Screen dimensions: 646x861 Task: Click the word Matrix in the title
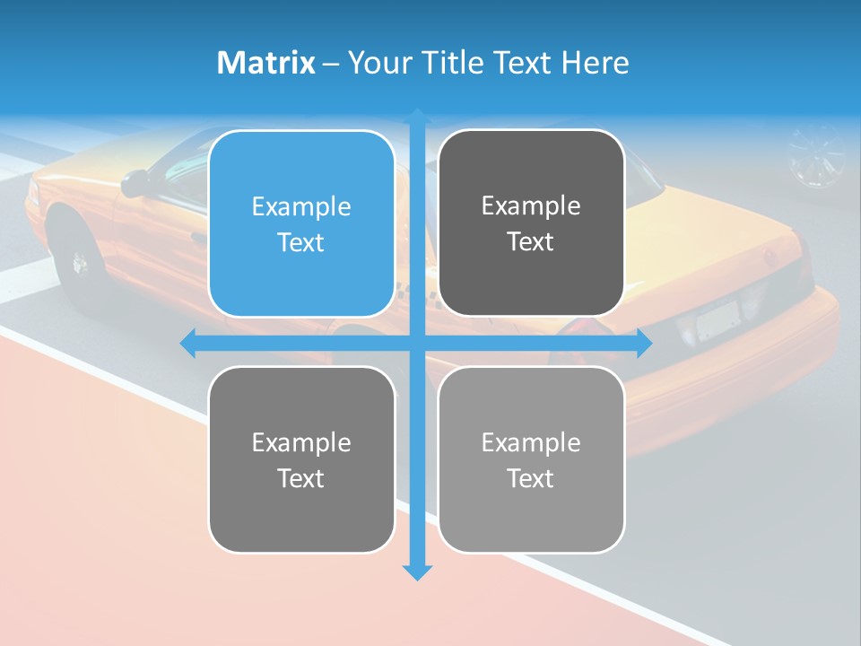(x=266, y=63)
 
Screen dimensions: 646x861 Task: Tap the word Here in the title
(x=596, y=63)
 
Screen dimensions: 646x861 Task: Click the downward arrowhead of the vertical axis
(x=417, y=572)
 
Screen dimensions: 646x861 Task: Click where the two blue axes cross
(x=417, y=343)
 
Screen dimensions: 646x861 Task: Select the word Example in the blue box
(x=301, y=206)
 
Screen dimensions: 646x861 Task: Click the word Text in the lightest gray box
(x=531, y=478)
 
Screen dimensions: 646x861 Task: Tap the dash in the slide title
(x=330, y=64)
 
